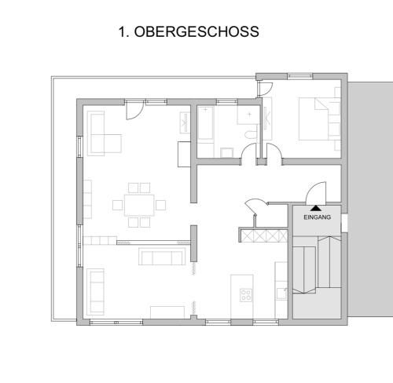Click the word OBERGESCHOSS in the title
(196, 31)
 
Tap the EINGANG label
(317, 217)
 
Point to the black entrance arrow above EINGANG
(316, 208)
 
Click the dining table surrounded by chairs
(139, 205)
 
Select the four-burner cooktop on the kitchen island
(246, 295)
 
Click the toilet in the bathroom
(251, 133)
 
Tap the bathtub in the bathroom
(205, 123)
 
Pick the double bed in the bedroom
(314, 119)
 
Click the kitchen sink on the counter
(282, 294)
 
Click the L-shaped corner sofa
(104, 133)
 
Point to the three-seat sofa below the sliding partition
(160, 257)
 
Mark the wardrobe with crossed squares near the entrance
(264, 235)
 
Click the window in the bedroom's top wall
(300, 76)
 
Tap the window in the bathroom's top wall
(227, 102)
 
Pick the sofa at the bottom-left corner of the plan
(95, 292)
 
